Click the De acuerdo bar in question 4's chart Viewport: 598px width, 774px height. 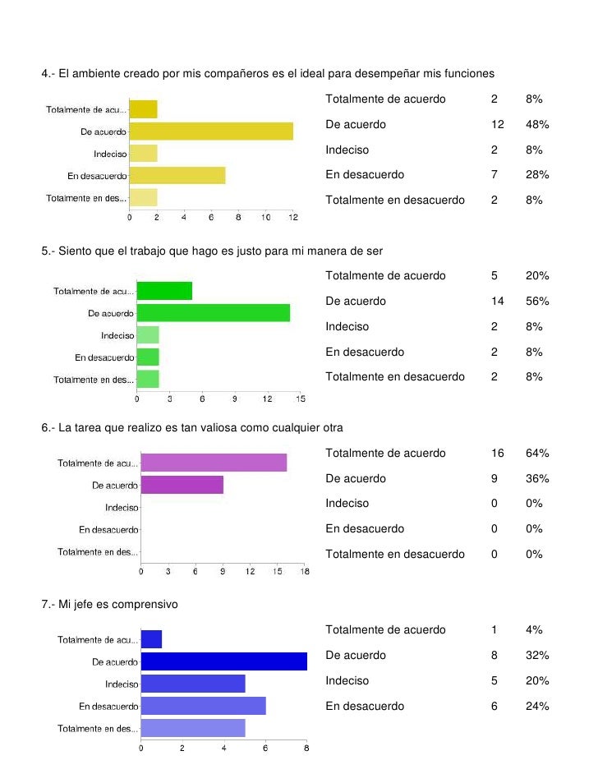[211, 131]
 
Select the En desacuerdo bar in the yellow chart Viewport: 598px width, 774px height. [177, 175]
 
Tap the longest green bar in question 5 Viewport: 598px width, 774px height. [213, 313]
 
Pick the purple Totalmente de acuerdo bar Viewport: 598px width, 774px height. [214, 463]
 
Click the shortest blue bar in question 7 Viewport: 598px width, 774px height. [151, 639]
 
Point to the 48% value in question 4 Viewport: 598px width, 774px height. [537, 124]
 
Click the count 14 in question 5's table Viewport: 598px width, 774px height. [497, 301]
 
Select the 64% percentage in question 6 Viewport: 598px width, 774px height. [537, 454]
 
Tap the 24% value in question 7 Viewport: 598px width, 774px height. [537, 706]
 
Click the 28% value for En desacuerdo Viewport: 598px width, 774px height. [537, 175]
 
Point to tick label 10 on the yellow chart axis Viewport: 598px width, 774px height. [265, 217]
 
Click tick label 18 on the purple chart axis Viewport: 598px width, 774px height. [305, 571]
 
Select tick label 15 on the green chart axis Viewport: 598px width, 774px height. [301, 399]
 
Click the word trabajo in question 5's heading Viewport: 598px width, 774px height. [148, 251]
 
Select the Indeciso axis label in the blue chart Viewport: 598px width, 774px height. [122, 684]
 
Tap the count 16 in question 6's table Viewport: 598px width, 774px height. [497, 454]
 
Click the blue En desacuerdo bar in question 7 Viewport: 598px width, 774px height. [203, 706]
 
